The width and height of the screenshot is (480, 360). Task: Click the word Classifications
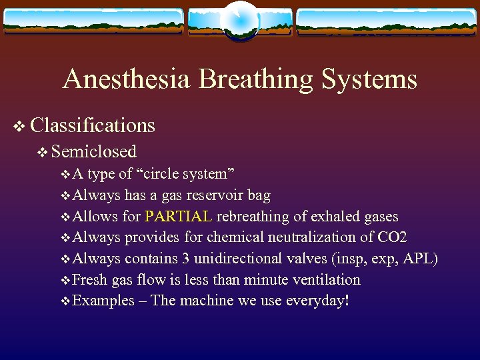pos(93,125)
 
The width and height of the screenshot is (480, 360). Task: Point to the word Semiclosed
pos(93,152)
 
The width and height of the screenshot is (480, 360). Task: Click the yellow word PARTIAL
pos(179,216)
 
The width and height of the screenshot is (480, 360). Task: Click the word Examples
pos(103,301)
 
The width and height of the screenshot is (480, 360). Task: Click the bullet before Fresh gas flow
pos(64,280)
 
